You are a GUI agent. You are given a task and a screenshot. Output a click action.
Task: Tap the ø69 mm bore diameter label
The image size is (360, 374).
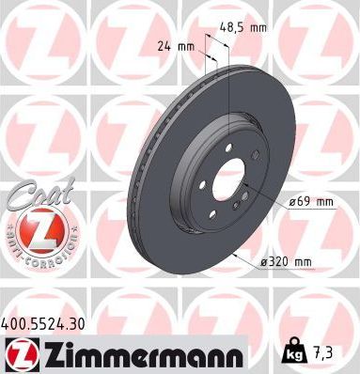coord(309,201)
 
